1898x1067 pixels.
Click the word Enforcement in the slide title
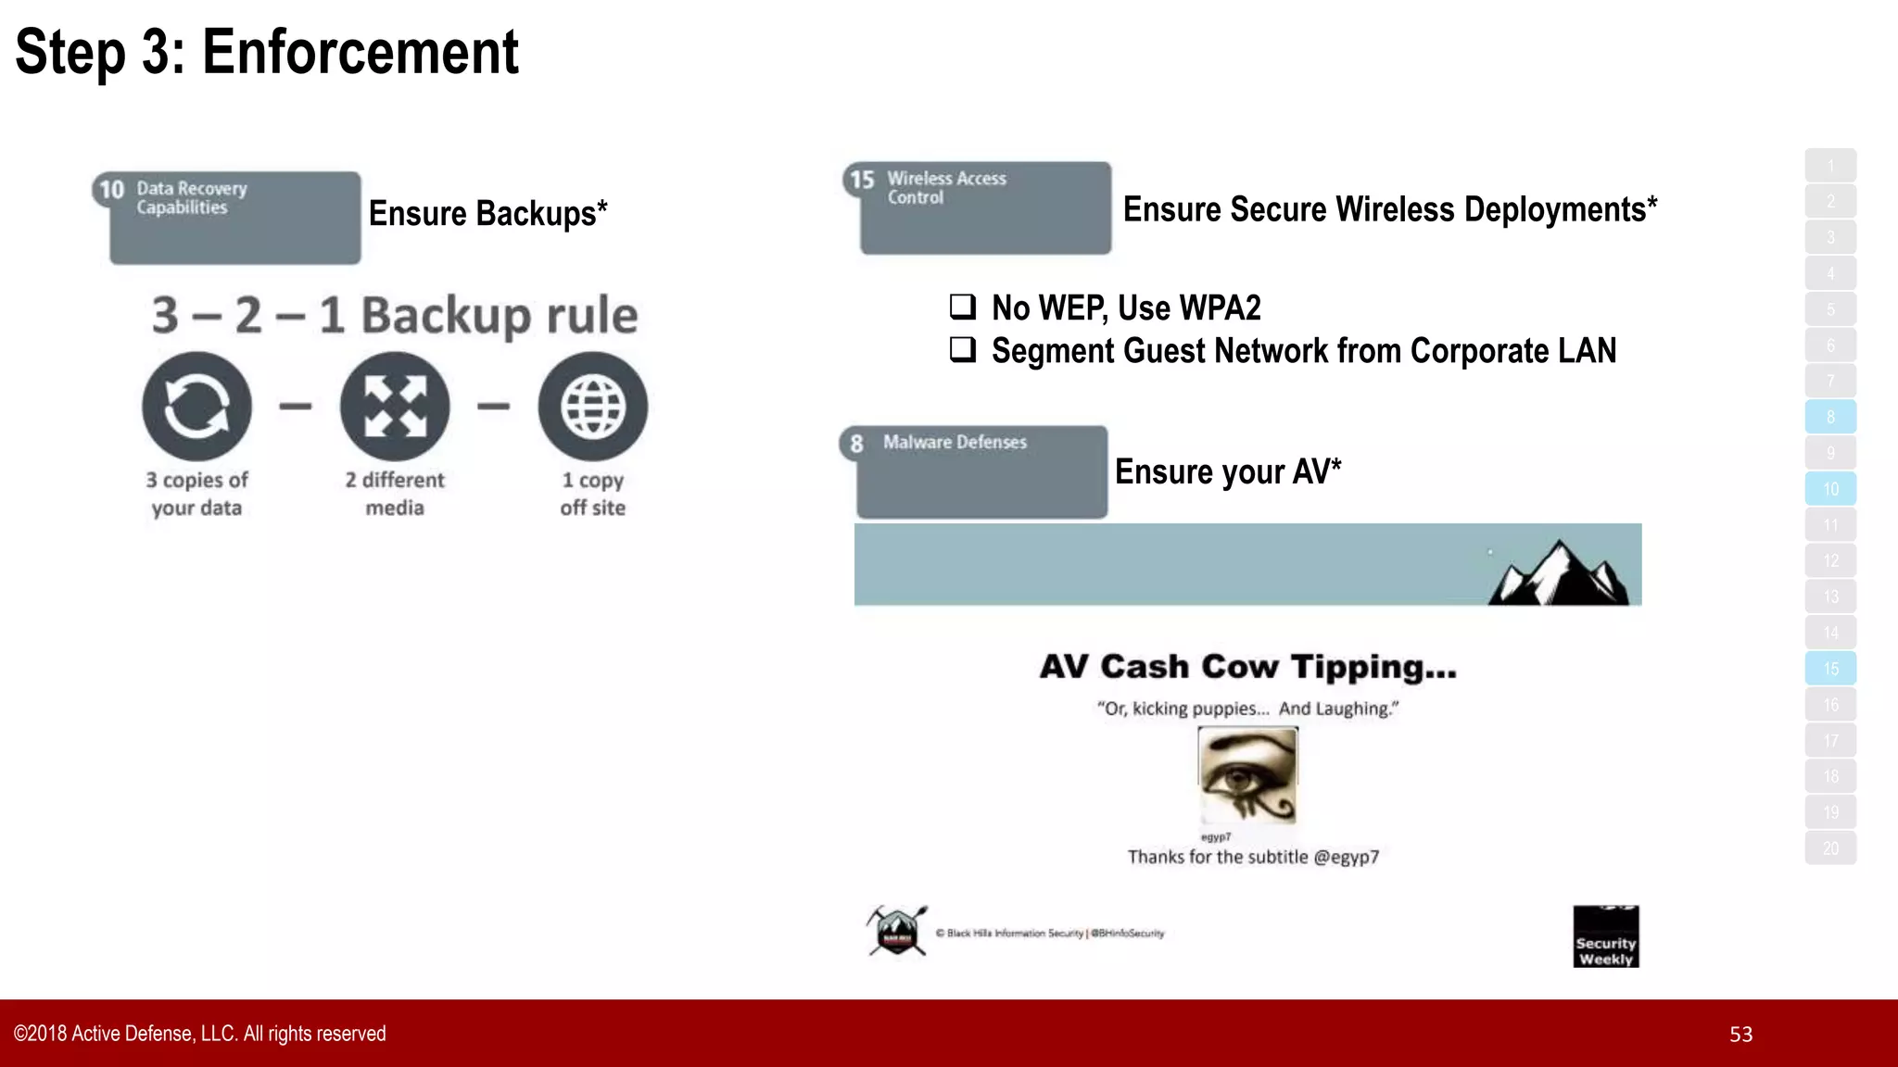click(360, 52)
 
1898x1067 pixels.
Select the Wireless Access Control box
click(984, 208)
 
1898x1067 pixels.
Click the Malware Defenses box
click(981, 471)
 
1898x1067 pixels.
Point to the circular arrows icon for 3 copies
click(196, 407)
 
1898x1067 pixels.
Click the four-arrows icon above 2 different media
click(395, 407)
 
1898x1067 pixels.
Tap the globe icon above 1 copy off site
click(593, 407)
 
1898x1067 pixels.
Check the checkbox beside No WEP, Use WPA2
click(963, 307)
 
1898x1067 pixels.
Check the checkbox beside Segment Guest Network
click(963, 350)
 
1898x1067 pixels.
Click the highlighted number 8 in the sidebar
click(1830, 417)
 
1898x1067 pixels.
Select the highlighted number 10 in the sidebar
click(1830, 489)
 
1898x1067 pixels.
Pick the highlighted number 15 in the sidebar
click(1830, 669)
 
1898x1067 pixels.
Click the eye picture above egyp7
click(1247, 774)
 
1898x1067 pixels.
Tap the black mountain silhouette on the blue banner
click(1559, 576)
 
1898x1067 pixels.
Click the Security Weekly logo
click(1605, 936)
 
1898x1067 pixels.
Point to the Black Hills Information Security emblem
click(897, 932)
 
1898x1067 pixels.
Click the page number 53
click(1740, 1035)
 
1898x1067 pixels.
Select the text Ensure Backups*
click(487, 214)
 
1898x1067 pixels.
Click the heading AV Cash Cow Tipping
click(1247, 667)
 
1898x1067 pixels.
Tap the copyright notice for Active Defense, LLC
click(200, 1034)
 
